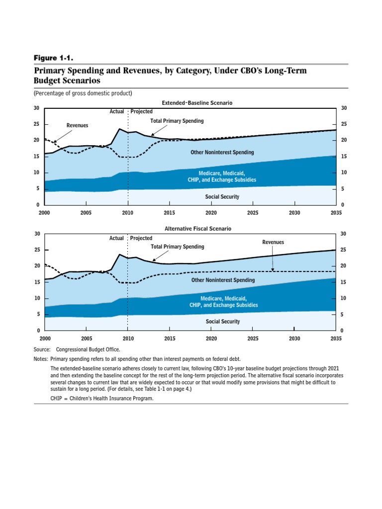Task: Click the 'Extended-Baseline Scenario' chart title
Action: [197, 103]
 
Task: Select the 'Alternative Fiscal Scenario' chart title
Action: [197, 229]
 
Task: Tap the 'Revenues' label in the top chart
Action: [77, 126]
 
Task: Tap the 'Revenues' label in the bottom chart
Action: [273, 242]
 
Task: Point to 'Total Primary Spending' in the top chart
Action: [177, 121]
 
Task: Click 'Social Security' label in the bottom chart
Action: [222, 322]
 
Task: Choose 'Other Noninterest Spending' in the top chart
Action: [222, 152]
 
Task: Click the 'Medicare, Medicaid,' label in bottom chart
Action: [222, 298]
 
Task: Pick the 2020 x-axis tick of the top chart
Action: [211, 213]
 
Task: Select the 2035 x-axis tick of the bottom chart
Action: [336, 339]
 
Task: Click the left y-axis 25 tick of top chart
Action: [36, 124]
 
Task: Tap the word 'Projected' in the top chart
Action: [141, 112]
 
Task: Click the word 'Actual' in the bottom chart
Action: [116, 239]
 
